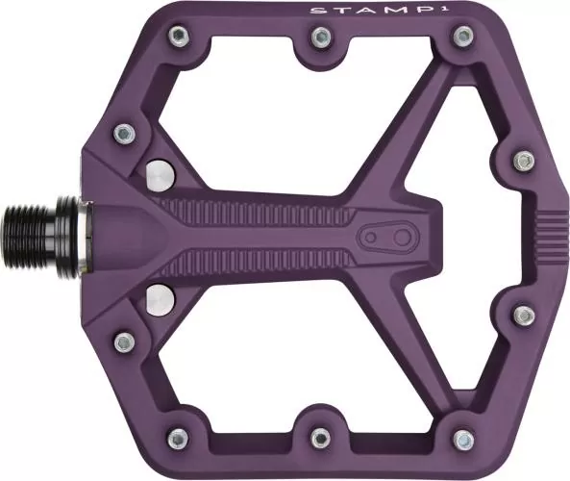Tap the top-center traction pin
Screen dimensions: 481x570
[x=320, y=38]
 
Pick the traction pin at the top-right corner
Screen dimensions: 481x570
[x=464, y=38]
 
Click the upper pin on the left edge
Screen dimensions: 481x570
[x=122, y=132]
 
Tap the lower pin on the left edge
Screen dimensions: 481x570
[x=123, y=342]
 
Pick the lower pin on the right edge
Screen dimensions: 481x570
[x=522, y=316]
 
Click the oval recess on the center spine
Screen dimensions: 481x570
[x=385, y=237]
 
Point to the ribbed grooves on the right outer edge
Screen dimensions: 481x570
[x=553, y=238]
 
